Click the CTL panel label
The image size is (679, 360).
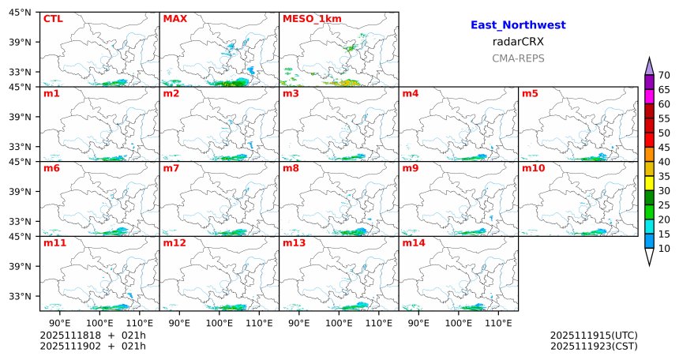tap(53, 19)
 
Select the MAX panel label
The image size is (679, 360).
tap(174, 19)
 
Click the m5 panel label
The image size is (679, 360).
tap(530, 94)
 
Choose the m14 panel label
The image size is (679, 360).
tap(413, 243)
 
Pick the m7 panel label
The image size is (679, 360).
tap(171, 168)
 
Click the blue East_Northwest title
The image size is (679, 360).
tap(518, 25)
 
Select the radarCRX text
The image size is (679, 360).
tap(518, 42)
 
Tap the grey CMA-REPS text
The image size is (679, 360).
tap(518, 58)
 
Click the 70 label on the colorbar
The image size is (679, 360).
tap(664, 75)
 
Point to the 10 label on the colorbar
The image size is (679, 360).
tap(664, 249)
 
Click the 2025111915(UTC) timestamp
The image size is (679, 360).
tap(594, 336)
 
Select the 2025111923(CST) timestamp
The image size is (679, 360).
tap(594, 346)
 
